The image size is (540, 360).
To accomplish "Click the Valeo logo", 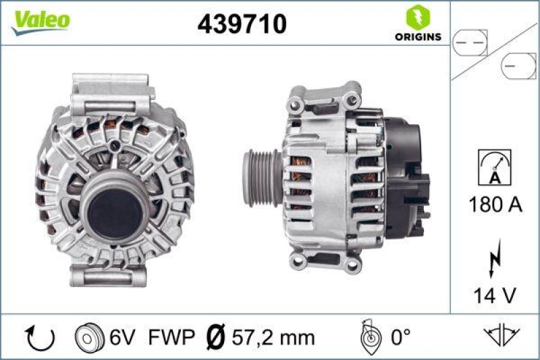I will click(41, 20).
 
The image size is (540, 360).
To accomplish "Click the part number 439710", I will click(242, 24).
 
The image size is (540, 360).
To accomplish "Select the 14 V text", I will click(494, 294).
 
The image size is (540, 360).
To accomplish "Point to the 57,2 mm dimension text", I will click(264, 336).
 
